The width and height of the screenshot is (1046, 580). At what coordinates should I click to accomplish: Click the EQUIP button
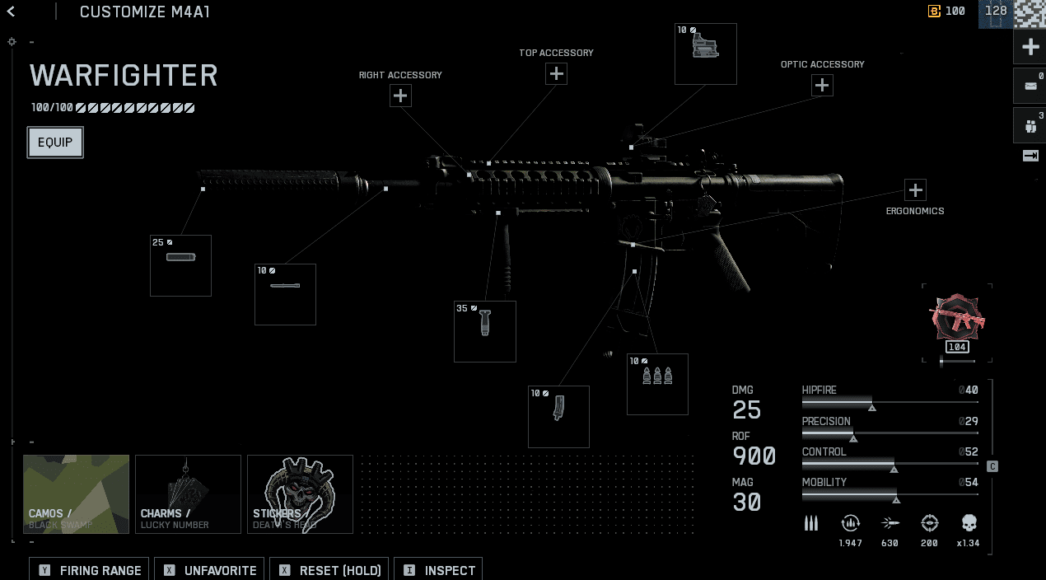pos(55,143)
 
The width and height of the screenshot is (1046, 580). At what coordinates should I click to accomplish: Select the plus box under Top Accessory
pos(557,74)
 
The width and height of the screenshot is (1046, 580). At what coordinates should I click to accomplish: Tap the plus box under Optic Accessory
pos(822,86)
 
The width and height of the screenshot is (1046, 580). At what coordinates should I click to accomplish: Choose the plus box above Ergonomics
pos(915,190)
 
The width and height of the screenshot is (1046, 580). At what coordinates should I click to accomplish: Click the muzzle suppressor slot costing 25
pos(180,265)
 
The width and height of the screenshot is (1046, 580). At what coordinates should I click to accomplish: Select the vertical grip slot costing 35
pos(485,331)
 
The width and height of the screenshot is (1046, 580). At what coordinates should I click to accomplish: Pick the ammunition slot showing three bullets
pos(657,384)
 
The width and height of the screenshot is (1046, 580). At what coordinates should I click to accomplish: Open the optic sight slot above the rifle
pos(706,54)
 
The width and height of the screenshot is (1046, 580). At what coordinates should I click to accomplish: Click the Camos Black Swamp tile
pos(77,493)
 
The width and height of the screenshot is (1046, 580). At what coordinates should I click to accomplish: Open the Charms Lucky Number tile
pos(189,493)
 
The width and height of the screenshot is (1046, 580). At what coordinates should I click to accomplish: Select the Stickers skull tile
pos(300,493)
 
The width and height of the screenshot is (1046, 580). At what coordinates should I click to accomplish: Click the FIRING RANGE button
pos(90,570)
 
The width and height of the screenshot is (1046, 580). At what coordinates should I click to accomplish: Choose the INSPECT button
pos(438,570)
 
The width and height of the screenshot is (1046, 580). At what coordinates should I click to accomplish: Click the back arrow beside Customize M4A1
pos(12,12)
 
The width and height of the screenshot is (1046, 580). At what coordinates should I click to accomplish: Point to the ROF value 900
pos(754,456)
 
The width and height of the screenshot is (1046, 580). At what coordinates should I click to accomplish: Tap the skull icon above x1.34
pos(969,523)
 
